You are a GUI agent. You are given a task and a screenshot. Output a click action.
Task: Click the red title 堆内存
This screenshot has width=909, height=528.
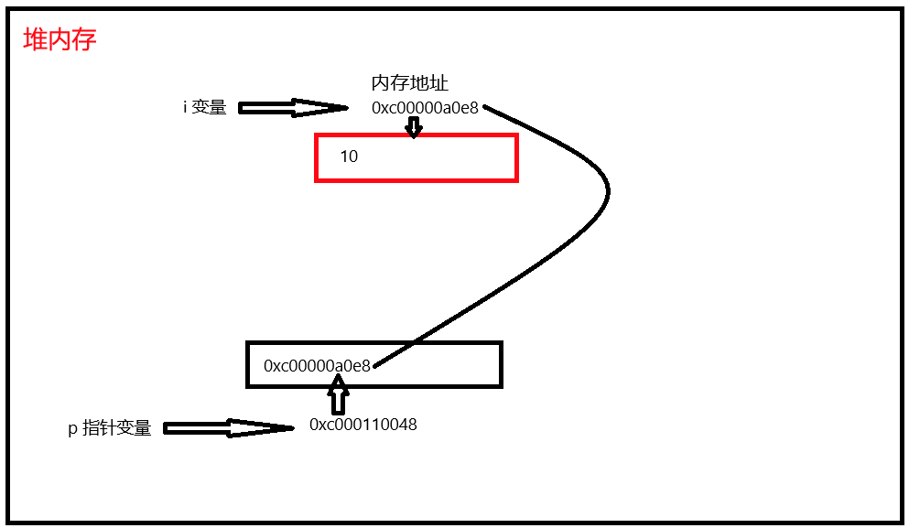click(60, 40)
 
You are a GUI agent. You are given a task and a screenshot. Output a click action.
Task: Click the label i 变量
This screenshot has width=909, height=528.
click(204, 107)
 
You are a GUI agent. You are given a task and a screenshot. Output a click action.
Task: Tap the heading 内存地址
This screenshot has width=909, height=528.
click(409, 83)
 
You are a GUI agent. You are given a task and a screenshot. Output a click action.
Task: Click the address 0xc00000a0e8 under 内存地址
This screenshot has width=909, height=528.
click(425, 108)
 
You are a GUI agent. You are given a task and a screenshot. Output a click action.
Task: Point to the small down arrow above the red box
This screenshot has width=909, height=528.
click(414, 127)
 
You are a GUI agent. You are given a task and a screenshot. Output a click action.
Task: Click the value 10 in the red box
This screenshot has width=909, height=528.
click(349, 156)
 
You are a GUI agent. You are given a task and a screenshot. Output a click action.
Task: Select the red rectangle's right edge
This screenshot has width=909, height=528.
click(516, 157)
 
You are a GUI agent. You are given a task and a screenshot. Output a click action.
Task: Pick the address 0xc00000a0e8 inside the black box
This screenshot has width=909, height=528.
click(317, 366)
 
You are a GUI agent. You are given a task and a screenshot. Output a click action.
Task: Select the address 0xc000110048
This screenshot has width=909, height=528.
click(363, 425)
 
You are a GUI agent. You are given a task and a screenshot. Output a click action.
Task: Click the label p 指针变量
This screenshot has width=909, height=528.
click(110, 428)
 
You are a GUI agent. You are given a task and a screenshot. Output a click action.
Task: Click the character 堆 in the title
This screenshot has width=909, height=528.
click(35, 40)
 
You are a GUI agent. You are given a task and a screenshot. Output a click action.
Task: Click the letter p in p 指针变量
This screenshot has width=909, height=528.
click(72, 429)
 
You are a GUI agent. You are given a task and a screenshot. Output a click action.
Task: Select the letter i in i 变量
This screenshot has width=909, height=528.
click(186, 107)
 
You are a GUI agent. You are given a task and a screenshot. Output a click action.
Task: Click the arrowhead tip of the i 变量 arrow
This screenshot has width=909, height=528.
click(345, 108)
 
